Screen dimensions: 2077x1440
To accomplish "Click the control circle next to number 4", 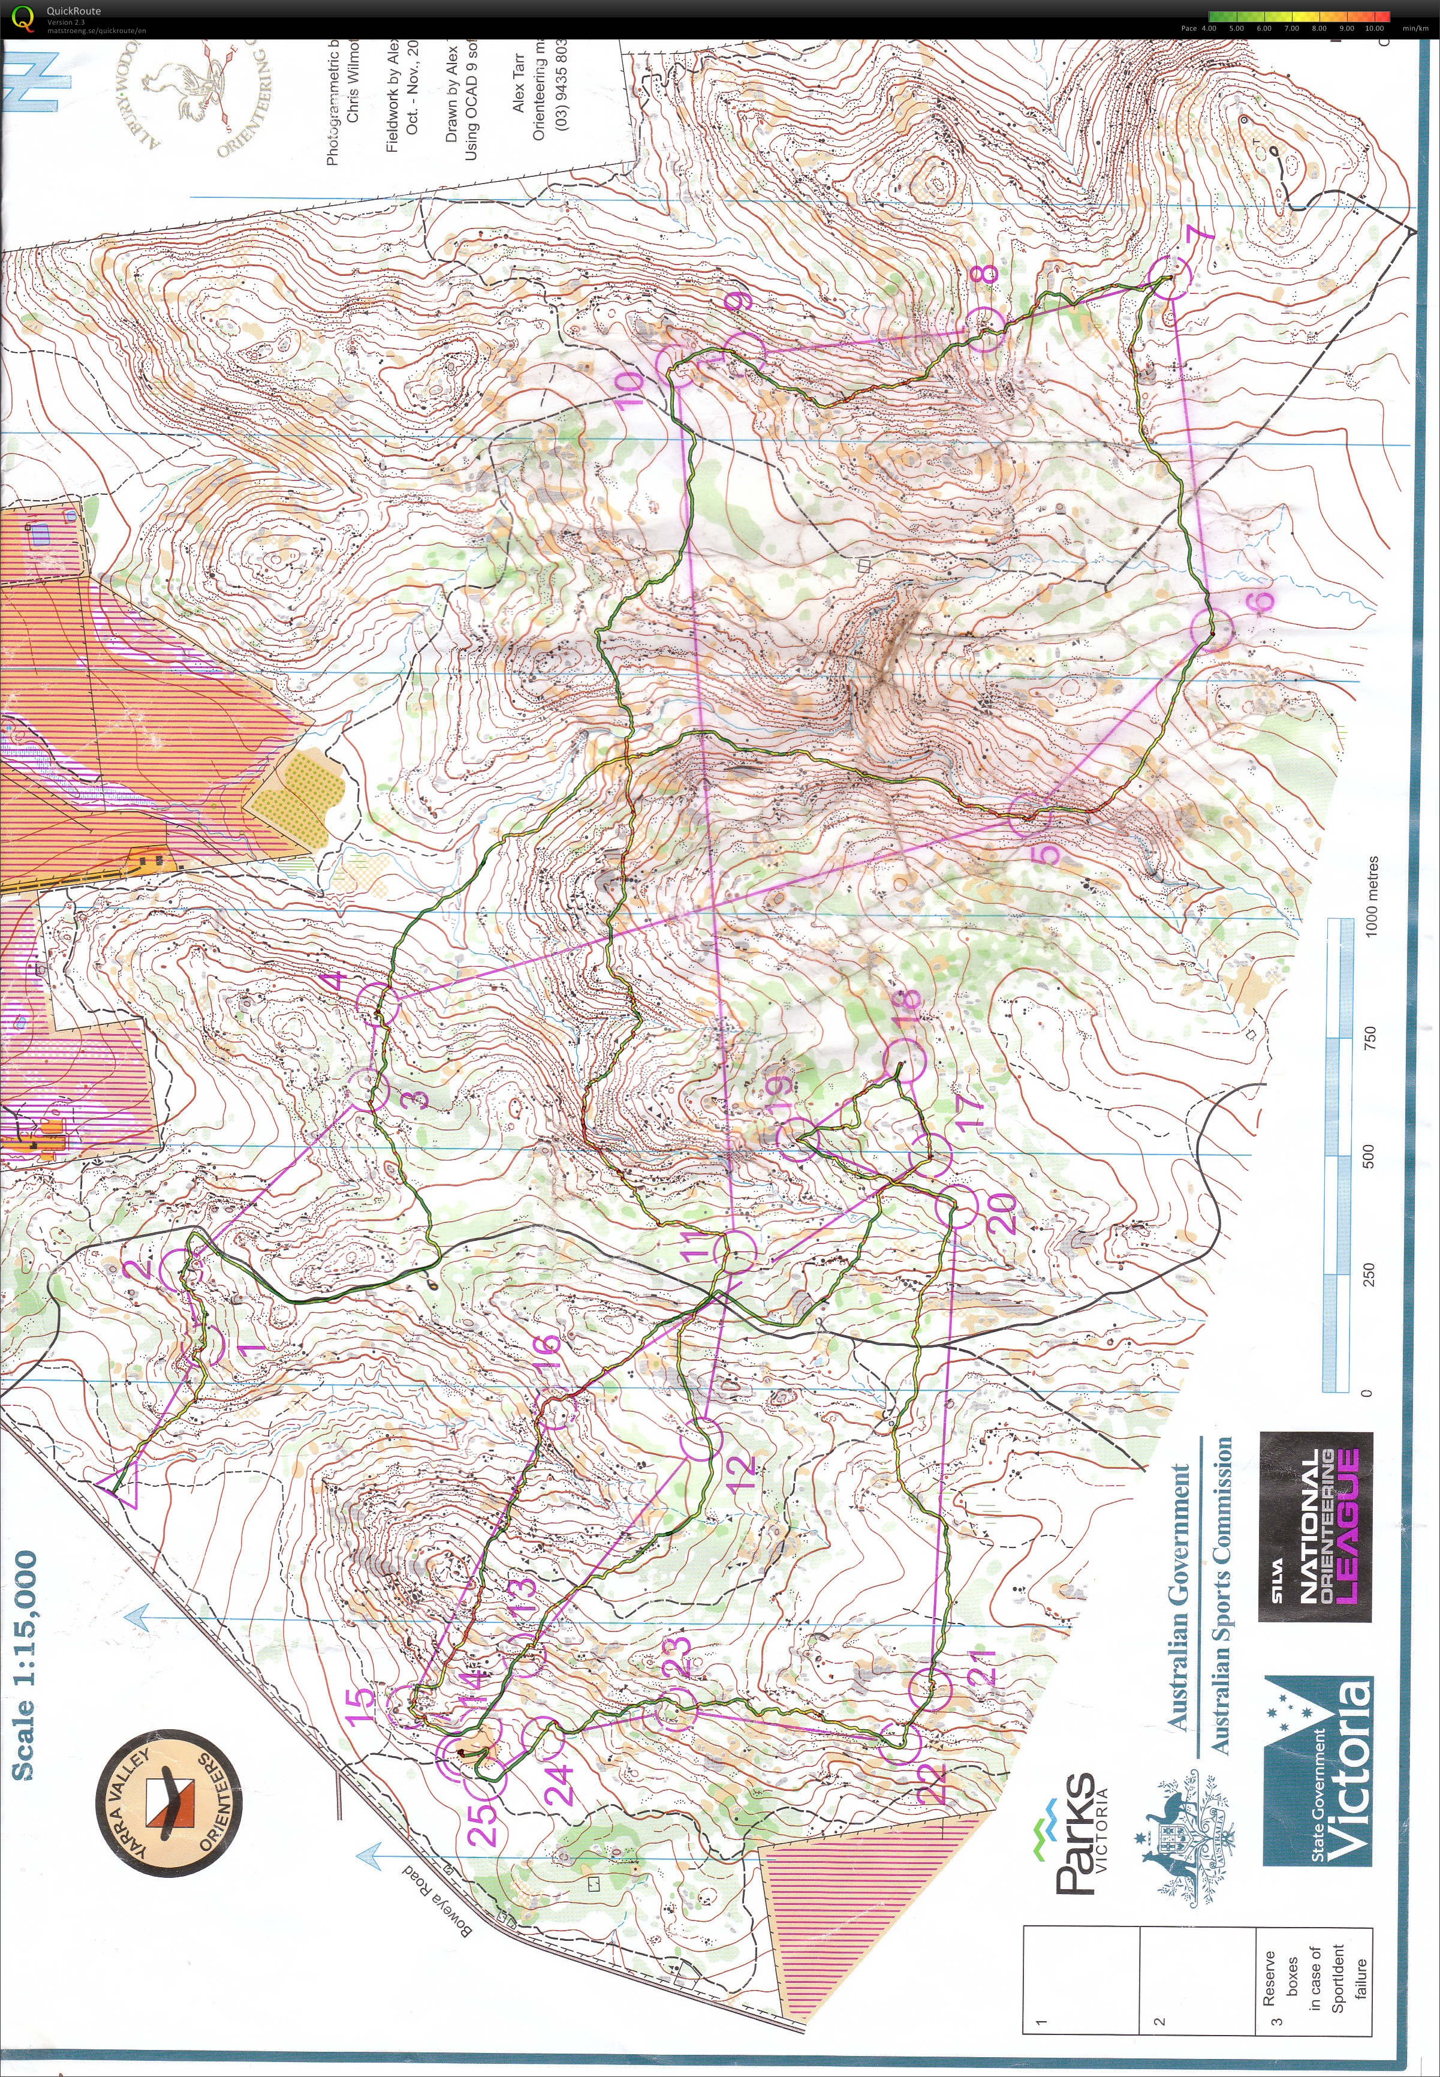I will [x=377, y=1005].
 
